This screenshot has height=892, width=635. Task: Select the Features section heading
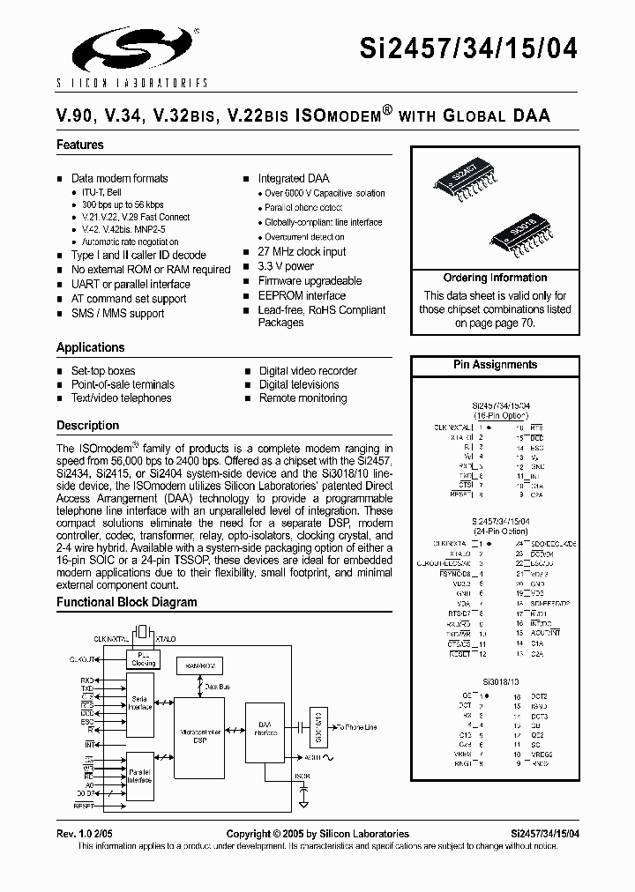click(x=80, y=145)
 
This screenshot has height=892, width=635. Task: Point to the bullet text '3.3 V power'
click(x=286, y=265)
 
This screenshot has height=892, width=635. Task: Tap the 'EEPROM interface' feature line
click(x=302, y=295)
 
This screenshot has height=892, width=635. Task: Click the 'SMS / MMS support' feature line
click(x=117, y=313)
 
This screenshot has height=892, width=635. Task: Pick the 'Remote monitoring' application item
click(x=303, y=398)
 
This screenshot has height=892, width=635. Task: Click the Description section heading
click(x=87, y=425)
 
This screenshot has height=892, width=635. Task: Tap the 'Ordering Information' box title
click(x=495, y=278)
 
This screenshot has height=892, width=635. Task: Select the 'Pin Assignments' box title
click(x=495, y=364)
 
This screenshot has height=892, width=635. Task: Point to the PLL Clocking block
click(x=144, y=659)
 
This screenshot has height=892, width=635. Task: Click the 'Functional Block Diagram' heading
click(x=127, y=603)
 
